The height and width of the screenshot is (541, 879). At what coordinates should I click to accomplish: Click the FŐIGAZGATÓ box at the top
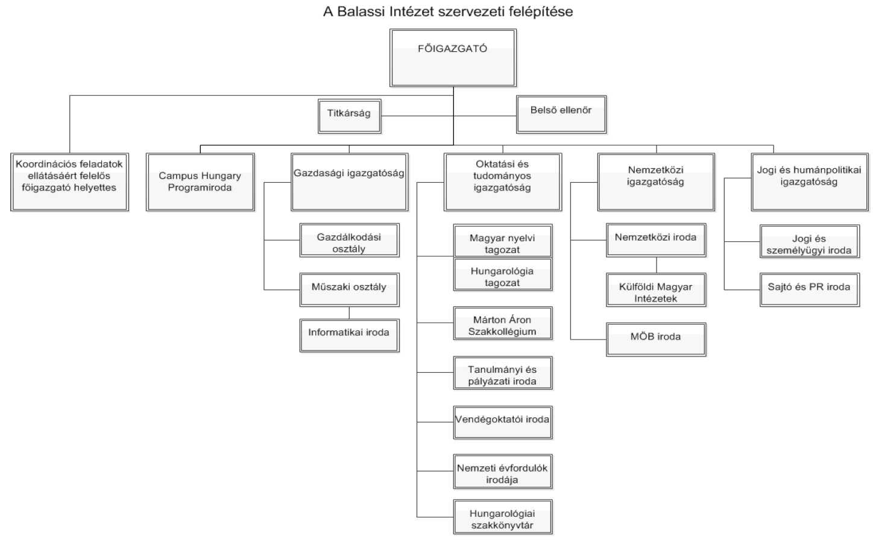tap(453, 58)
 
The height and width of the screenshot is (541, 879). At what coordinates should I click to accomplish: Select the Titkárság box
tap(350, 116)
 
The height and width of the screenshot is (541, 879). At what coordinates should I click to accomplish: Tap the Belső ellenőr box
tap(561, 114)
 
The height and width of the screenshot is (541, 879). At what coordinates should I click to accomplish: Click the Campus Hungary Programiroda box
tap(200, 182)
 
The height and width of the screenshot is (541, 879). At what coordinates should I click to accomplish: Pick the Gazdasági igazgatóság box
tap(349, 182)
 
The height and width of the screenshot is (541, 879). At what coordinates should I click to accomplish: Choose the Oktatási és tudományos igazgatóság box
tap(502, 182)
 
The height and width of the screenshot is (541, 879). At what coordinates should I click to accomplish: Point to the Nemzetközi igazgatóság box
tap(656, 182)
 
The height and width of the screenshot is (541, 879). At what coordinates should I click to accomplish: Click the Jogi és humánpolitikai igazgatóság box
tap(809, 182)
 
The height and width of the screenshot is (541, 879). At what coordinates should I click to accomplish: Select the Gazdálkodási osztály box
tap(349, 241)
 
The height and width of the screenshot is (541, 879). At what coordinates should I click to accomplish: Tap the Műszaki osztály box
tap(349, 289)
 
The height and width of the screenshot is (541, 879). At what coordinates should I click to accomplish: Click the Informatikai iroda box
tap(349, 335)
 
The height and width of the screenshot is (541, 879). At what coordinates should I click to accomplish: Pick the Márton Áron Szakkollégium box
tap(502, 323)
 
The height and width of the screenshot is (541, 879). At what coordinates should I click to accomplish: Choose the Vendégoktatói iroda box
tap(502, 422)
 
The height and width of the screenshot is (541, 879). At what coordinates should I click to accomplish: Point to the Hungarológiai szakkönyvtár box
tap(502, 517)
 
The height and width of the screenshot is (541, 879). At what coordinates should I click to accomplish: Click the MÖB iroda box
tap(656, 340)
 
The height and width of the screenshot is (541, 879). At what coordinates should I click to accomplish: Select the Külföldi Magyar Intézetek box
tap(656, 290)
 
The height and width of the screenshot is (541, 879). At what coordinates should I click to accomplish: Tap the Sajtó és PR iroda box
tap(809, 289)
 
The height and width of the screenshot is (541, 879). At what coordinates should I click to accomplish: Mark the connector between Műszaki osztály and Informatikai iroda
tap(349, 313)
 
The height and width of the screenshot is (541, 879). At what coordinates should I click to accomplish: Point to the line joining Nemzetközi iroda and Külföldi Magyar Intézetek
tap(657, 265)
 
